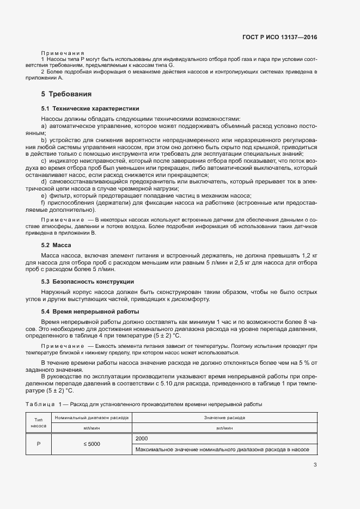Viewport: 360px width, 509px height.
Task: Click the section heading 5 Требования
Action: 66,94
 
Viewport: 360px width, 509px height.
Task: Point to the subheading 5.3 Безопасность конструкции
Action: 87,281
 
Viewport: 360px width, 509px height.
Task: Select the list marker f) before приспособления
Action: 43,203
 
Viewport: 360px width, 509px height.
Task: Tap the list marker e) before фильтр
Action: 44,195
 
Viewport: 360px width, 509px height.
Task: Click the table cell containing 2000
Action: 142,438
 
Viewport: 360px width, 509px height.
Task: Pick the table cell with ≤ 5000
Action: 91,444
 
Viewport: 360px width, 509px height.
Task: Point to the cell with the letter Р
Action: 39,444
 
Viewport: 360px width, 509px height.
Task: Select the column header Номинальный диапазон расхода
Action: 91,418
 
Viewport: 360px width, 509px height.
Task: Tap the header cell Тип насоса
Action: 39,423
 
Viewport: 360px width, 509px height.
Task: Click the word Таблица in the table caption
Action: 39,404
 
